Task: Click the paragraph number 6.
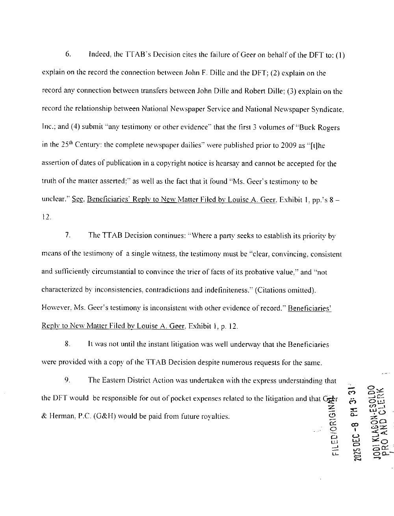pyautogui.click(x=68, y=54)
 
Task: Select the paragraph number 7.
pyautogui.click(x=68, y=235)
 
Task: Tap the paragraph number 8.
pyautogui.click(x=68, y=344)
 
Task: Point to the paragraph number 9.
pyautogui.click(x=68, y=380)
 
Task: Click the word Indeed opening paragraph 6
pyautogui.click(x=99, y=54)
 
